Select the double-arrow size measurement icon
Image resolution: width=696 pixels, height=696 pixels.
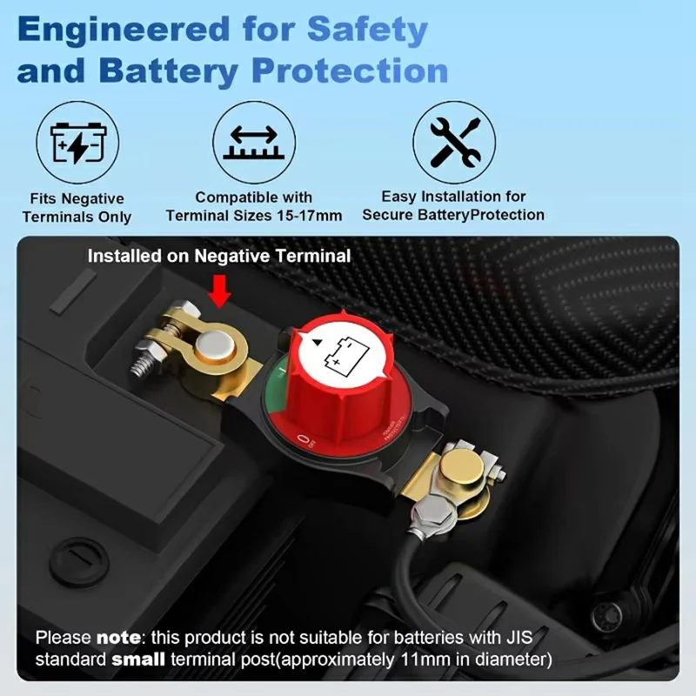tap(254, 142)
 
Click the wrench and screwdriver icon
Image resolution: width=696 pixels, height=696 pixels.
tap(453, 142)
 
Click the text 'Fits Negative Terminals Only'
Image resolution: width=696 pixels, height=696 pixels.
tap(77, 208)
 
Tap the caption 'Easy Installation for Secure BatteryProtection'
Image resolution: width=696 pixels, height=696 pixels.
tap(453, 206)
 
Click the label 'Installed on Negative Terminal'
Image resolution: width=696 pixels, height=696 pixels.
tap(219, 256)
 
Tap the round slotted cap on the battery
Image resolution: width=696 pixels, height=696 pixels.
tap(79, 561)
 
